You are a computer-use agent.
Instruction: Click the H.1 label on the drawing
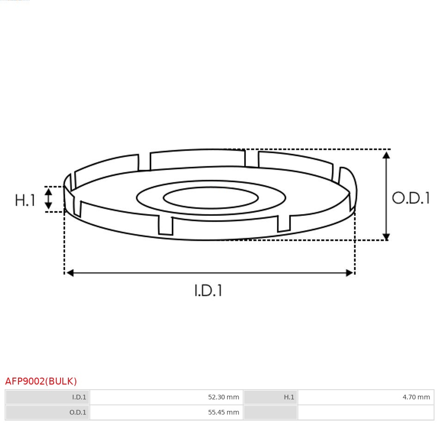(25, 200)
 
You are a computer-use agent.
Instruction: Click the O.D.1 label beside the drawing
(410, 198)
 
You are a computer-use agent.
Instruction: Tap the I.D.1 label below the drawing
(208, 290)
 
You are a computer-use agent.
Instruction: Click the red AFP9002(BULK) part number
(41, 381)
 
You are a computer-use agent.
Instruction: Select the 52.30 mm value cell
(166, 397)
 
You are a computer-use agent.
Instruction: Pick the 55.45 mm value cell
(166, 412)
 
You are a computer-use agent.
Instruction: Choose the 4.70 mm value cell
(366, 397)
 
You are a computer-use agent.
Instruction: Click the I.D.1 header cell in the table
(48, 397)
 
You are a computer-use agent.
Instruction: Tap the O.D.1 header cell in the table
(48, 412)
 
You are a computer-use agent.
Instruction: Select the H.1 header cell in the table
(270, 397)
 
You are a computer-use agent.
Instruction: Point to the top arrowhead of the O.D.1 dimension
(386, 155)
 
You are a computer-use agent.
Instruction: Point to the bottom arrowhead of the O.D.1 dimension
(386, 237)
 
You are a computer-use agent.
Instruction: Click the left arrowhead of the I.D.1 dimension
(70, 273)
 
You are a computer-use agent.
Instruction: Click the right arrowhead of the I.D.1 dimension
(349, 273)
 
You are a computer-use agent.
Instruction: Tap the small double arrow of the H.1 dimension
(49, 199)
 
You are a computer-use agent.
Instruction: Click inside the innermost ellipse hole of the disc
(211, 198)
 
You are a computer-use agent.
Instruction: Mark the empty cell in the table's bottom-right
(366, 412)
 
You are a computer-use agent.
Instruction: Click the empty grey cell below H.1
(270, 412)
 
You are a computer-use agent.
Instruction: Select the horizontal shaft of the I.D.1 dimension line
(208, 273)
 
